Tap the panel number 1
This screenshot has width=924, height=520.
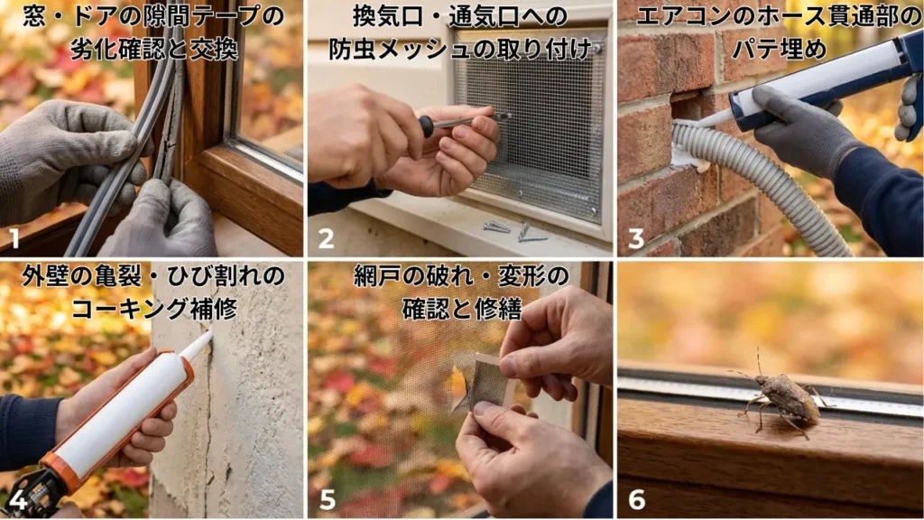(x=14, y=239)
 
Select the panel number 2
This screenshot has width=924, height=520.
(x=326, y=240)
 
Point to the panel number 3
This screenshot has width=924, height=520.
(x=636, y=239)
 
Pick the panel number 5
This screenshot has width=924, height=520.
(x=326, y=499)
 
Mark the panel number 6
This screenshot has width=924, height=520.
(x=636, y=499)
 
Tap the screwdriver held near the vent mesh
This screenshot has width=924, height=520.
(x=460, y=121)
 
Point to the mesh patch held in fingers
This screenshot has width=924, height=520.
(x=487, y=379)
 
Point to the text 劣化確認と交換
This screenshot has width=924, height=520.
(x=152, y=47)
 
